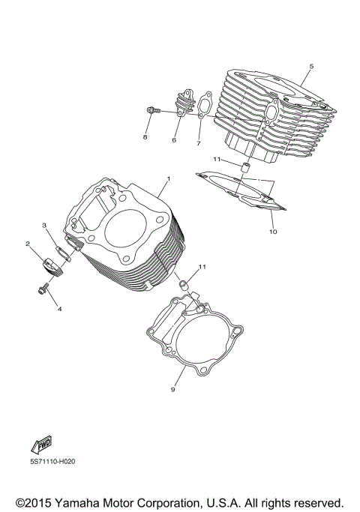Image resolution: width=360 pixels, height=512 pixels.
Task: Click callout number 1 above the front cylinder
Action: click(x=169, y=178)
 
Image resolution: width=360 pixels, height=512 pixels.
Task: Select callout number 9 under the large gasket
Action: click(x=173, y=389)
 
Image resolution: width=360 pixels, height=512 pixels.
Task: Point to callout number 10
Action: click(x=273, y=232)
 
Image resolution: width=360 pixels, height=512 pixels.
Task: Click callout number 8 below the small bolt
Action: click(x=145, y=138)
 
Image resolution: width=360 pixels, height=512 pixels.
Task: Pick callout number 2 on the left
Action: click(x=28, y=244)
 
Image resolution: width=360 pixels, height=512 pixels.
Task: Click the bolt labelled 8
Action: click(x=151, y=112)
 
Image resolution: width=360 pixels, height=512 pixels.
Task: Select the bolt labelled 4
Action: click(x=43, y=286)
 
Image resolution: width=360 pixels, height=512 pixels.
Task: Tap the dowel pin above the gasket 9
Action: click(x=181, y=286)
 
